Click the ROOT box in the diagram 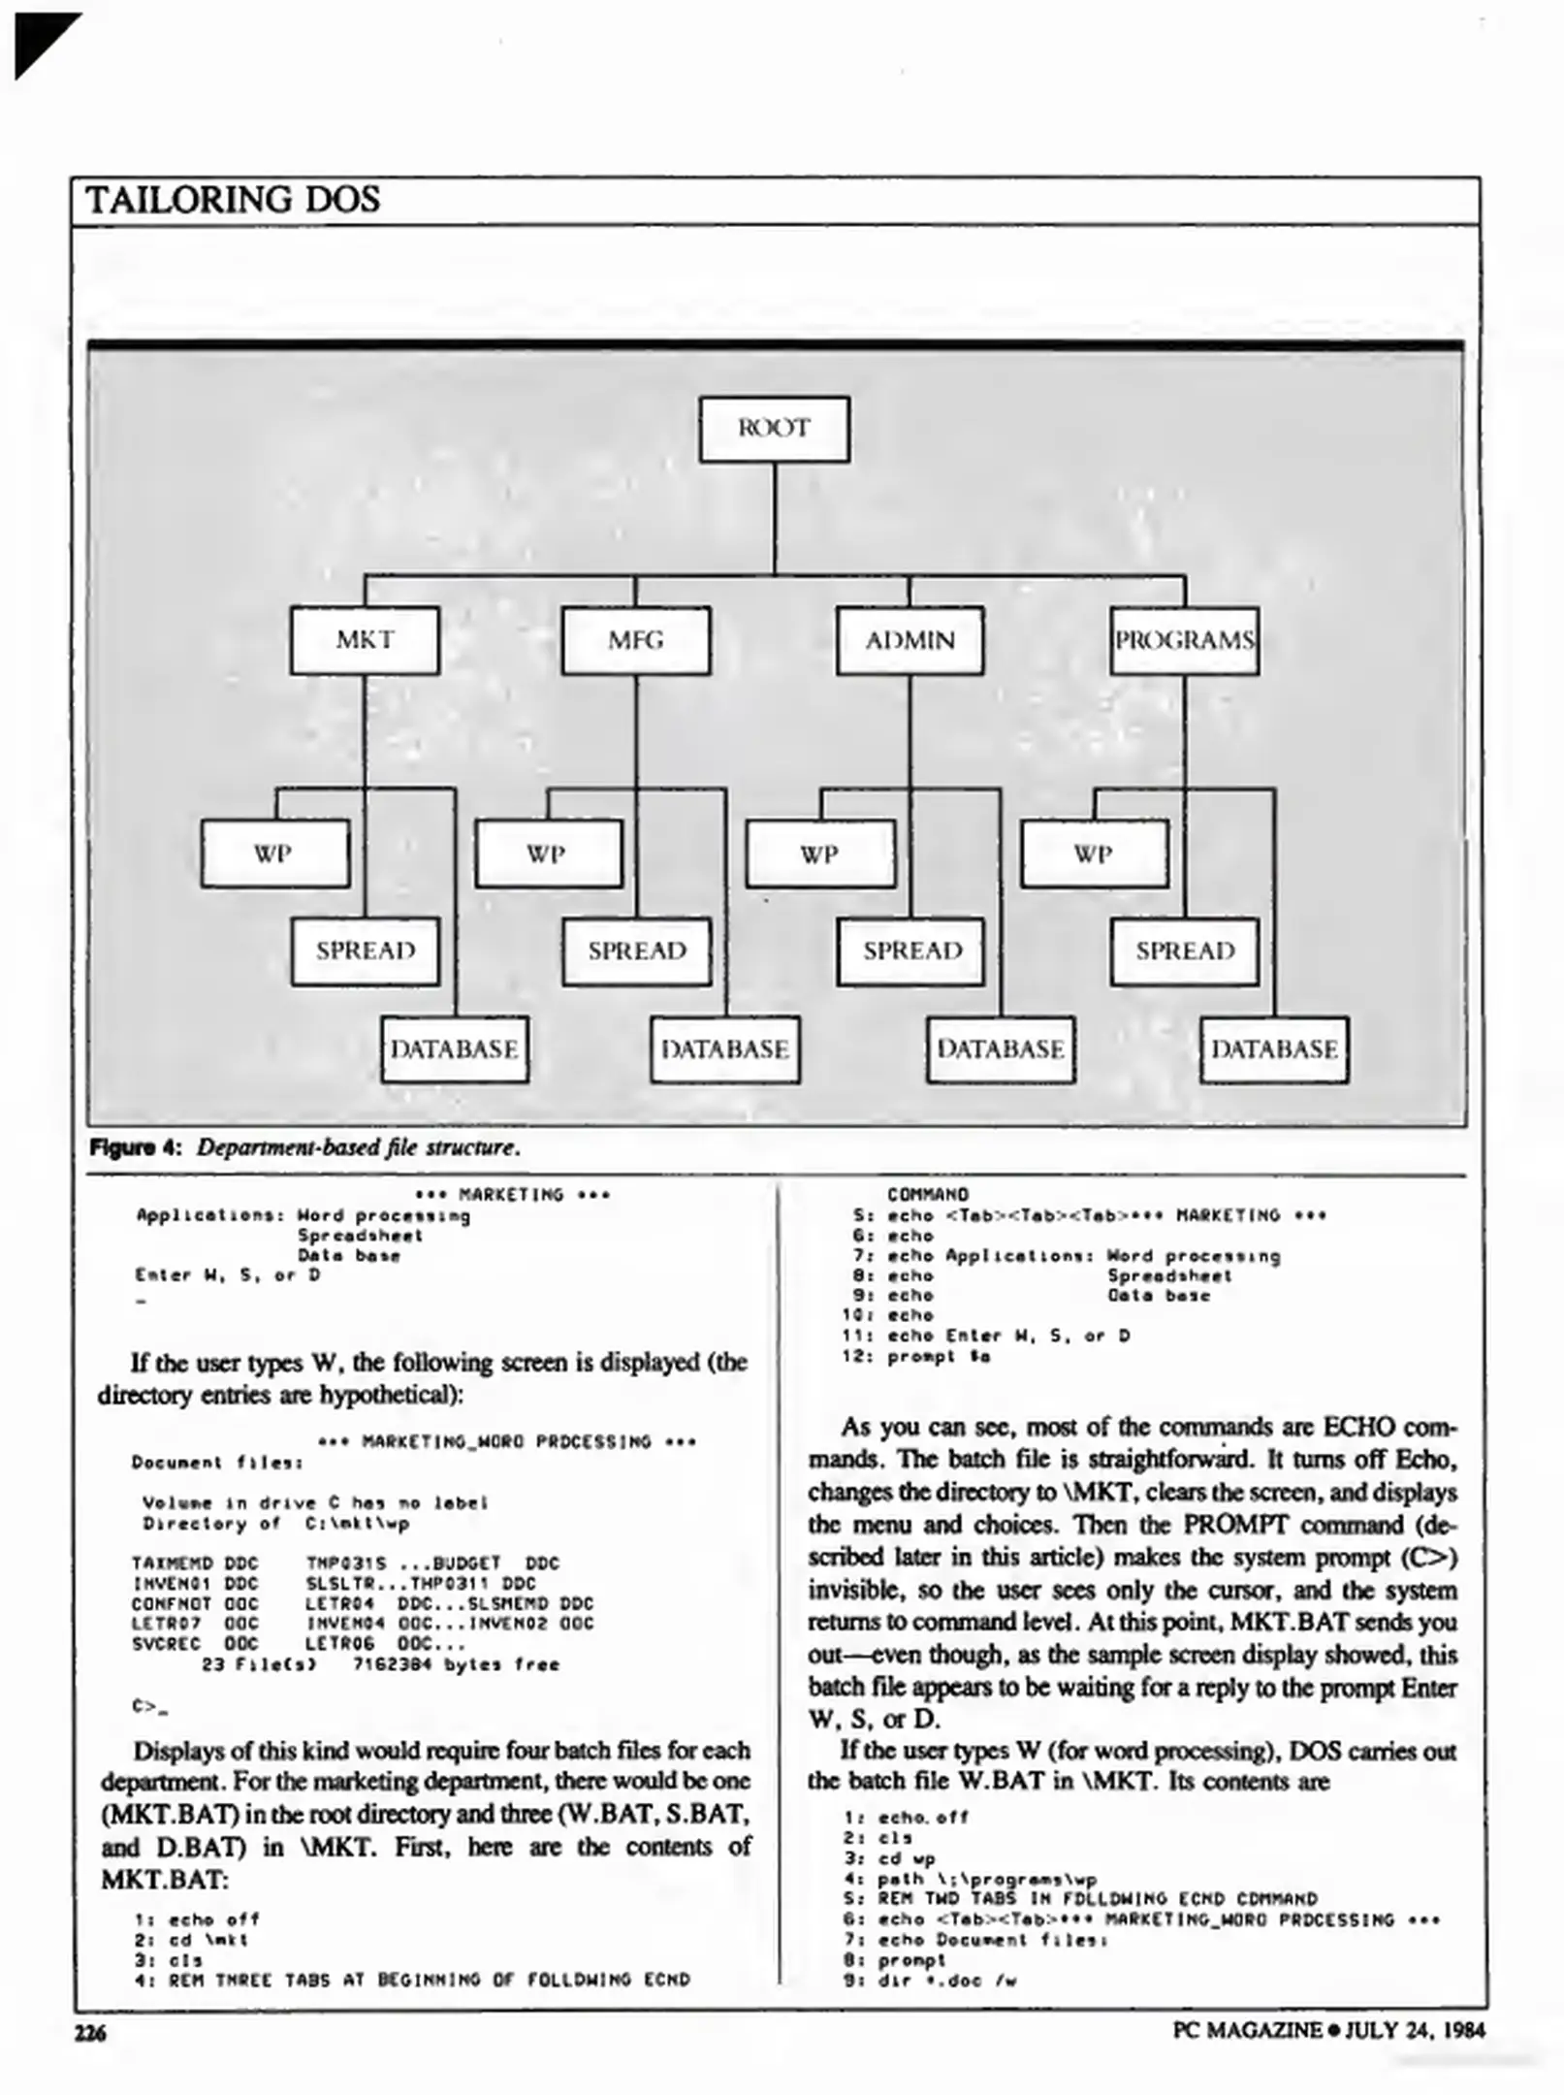(774, 429)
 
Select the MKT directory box (365, 640)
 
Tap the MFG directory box (636, 640)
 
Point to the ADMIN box (910, 640)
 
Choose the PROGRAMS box (1184, 640)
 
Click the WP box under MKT (274, 854)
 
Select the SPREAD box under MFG (637, 951)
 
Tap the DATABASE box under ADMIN (1001, 1049)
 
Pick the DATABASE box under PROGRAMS (1274, 1049)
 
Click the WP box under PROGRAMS (1094, 854)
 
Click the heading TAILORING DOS (233, 200)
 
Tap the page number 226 (90, 2032)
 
